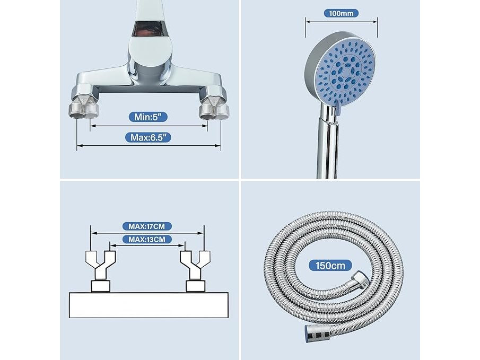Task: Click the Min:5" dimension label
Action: tap(148, 117)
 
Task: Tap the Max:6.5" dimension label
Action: tap(148, 137)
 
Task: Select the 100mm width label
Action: tap(341, 13)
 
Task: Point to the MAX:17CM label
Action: tap(147, 226)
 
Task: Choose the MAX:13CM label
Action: tap(147, 239)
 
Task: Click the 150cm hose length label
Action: tap(330, 266)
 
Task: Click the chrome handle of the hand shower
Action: tap(328, 144)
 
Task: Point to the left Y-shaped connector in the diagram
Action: tap(100, 265)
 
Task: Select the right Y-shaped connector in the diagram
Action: tap(195, 265)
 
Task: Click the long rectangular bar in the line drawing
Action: tap(149, 305)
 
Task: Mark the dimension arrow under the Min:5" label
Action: tap(149, 126)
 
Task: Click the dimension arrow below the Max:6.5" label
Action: tap(149, 145)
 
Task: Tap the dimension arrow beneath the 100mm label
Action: tap(342, 22)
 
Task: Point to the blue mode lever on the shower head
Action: tap(338, 109)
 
